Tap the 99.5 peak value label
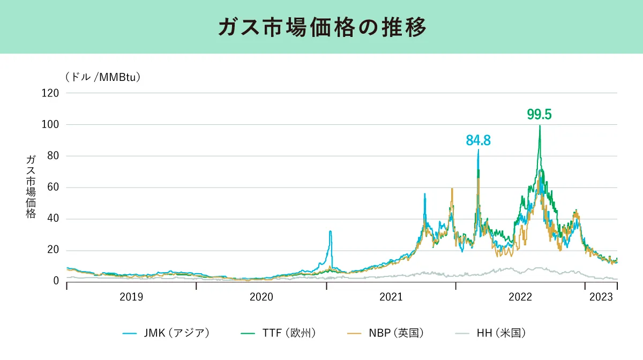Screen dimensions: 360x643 pos(539,115)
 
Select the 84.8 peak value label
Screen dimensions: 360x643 pos(478,141)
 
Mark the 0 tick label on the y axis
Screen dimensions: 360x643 pos(56,281)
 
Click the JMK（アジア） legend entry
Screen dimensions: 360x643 pos(166,333)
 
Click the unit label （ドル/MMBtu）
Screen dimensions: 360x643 pos(103,77)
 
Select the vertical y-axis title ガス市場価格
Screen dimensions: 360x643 pos(31,187)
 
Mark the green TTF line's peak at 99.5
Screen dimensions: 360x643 pos(540,126)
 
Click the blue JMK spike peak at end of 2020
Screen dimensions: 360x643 pos(331,231)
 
